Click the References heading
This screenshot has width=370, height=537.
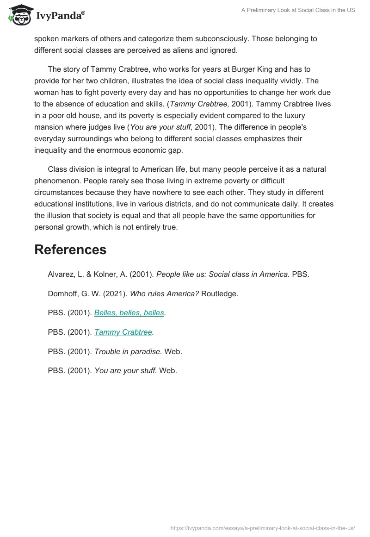pyautogui.click(x=70, y=250)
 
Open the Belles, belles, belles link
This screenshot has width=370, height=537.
pyautogui.click(x=129, y=312)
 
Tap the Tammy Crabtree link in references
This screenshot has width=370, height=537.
pyautogui.click(x=123, y=332)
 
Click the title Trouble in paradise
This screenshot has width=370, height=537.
pyautogui.click(x=128, y=351)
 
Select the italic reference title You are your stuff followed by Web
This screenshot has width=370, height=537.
pyautogui.click(x=125, y=370)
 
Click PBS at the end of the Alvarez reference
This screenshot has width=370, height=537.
pyautogui.click(x=301, y=274)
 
